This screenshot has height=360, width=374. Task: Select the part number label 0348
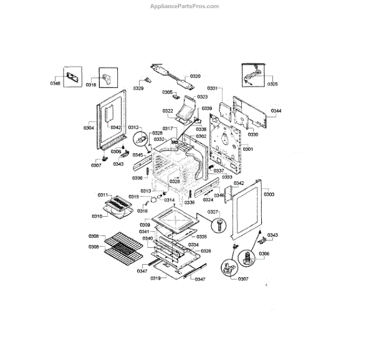[x=55, y=83]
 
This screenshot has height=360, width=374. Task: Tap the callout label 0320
[x=195, y=77]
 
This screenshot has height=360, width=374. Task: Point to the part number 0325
[x=272, y=83]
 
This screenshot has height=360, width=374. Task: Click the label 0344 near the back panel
[x=276, y=111]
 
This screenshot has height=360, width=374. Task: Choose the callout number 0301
[x=247, y=149]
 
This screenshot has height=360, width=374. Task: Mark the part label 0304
[x=89, y=128]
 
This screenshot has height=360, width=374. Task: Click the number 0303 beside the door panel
[x=269, y=194]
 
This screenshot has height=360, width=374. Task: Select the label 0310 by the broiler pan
[x=97, y=216]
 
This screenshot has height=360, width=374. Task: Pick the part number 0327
[x=213, y=212]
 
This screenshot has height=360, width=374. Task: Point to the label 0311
[x=103, y=195]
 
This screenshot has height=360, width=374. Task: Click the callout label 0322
[x=168, y=111]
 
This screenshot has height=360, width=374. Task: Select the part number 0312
[x=133, y=127]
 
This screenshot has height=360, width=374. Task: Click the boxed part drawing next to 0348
[x=74, y=77]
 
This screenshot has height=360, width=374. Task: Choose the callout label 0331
[x=213, y=89]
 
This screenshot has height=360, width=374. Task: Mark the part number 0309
[x=145, y=224]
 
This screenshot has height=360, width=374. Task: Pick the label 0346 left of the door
[x=219, y=196]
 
